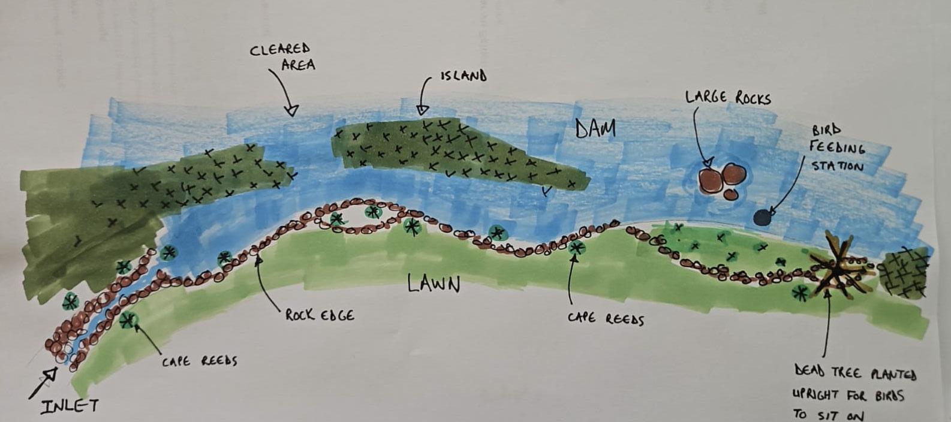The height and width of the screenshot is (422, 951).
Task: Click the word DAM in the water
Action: click(x=595, y=128)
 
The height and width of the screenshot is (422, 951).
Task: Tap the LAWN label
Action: click(x=434, y=283)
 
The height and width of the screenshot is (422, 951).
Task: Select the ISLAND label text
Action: click(x=463, y=76)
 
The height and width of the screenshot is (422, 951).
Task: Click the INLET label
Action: click(x=69, y=406)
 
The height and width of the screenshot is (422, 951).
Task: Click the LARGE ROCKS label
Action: click(x=728, y=97)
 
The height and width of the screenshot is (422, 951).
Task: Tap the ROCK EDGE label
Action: click(x=319, y=315)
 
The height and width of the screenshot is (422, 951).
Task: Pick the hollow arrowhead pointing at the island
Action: click(x=423, y=109)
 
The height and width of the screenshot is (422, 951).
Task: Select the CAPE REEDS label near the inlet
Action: click(x=199, y=361)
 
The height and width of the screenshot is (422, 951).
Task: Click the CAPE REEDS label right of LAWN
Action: click(x=606, y=318)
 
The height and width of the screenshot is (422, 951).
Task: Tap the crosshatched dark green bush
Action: click(x=904, y=273)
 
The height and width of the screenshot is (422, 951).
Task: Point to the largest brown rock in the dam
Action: click(x=711, y=179)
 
